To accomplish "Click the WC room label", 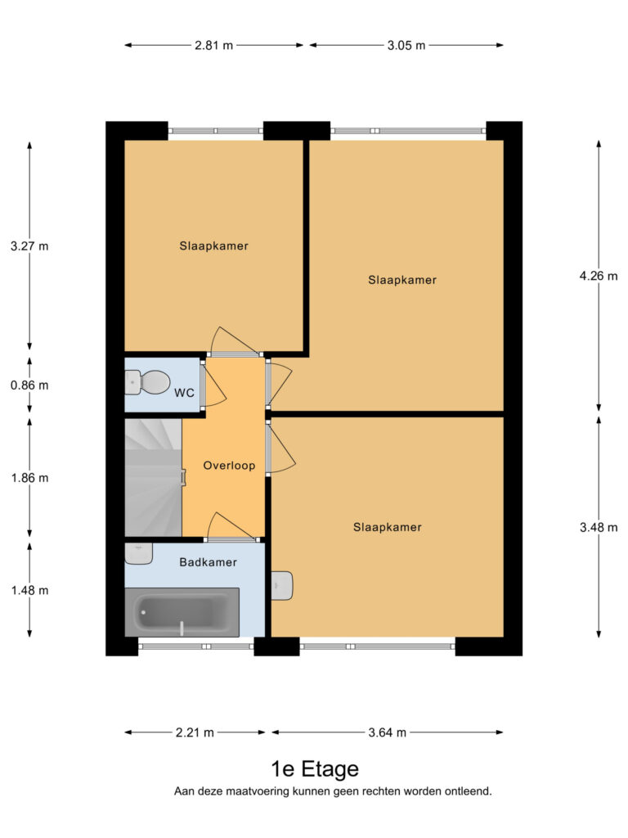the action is pyautogui.click(x=184, y=393).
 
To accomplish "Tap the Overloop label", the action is pyautogui.click(x=229, y=466).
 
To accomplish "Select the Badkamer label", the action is pyautogui.click(x=209, y=562).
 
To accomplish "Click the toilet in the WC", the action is pyautogui.click(x=147, y=382).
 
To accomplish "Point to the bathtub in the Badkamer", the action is pyautogui.click(x=182, y=612).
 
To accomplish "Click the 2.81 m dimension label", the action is pyautogui.click(x=213, y=46).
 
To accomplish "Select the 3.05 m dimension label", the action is pyautogui.click(x=406, y=46).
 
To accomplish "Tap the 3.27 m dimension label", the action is pyautogui.click(x=29, y=246).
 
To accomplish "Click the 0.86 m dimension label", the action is pyautogui.click(x=29, y=385).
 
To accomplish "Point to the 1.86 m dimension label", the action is pyautogui.click(x=30, y=478).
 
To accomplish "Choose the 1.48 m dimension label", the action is pyautogui.click(x=30, y=591).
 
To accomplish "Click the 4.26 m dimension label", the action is pyautogui.click(x=599, y=276).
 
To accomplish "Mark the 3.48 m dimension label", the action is pyautogui.click(x=599, y=528).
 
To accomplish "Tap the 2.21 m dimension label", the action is pyautogui.click(x=195, y=732).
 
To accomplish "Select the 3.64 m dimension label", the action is pyautogui.click(x=387, y=732).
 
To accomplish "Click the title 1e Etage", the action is pyautogui.click(x=315, y=769).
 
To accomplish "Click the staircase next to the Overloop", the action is pyautogui.click(x=154, y=478).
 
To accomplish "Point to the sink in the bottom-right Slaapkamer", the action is pyautogui.click(x=282, y=586).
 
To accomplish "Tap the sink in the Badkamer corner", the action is pyautogui.click(x=139, y=554).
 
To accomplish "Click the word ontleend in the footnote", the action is pyautogui.click(x=468, y=791).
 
